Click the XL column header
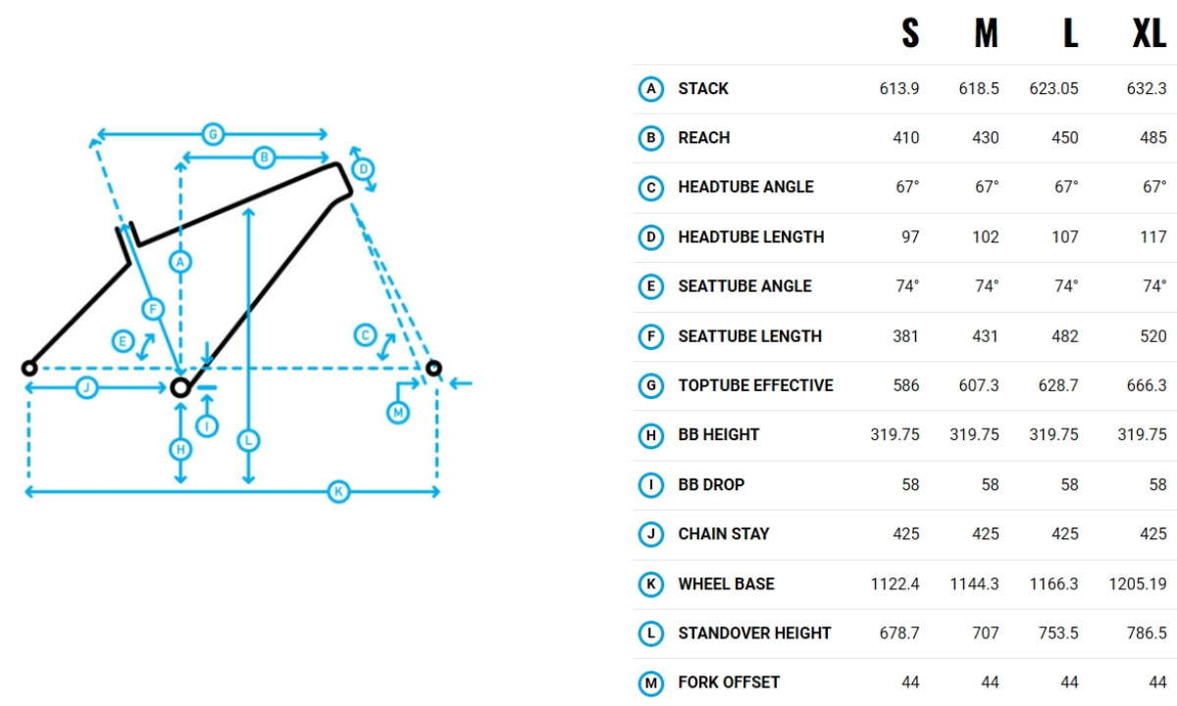pos(1149,35)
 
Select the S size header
pos(910,35)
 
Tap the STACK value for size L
pos(1054,88)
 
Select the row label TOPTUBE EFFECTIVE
pos(755,385)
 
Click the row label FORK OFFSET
pos(728,682)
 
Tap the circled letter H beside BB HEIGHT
pos(650,435)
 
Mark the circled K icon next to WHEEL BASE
pos(650,584)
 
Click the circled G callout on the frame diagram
pos(211,133)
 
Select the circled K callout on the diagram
pos(338,491)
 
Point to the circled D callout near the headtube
pos(363,169)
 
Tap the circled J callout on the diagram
pos(86,388)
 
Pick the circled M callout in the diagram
pos(397,413)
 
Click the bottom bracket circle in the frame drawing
pos(179,387)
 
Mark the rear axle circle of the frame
pos(29,368)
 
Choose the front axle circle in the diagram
pos(434,369)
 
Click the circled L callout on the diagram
pos(248,441)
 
